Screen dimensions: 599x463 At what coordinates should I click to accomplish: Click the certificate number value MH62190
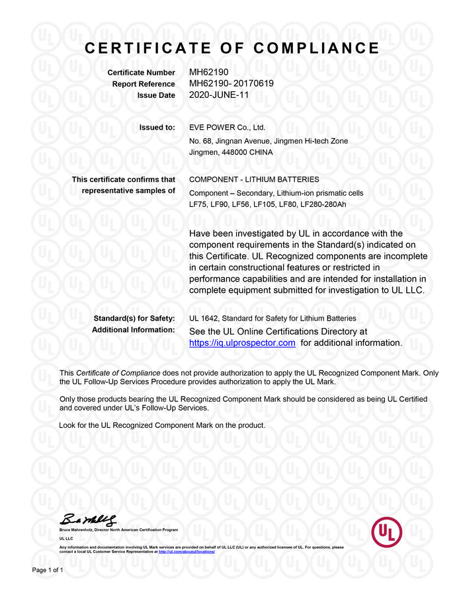click(208, 73)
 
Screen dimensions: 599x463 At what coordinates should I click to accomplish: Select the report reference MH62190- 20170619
click(231, 84)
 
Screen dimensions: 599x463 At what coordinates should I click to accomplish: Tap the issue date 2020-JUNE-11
click(220, 95)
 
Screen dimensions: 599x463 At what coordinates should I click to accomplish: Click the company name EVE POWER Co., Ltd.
click(227, 128)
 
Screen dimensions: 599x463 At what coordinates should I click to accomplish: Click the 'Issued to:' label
click(157, 128)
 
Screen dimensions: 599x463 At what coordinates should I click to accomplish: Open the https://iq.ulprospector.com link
click(242, 342)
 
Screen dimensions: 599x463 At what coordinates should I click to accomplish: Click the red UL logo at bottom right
click(386, 532)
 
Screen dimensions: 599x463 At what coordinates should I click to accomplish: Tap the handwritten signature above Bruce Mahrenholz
click(89, 520)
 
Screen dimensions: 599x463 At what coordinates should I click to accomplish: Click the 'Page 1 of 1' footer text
click(48, 570)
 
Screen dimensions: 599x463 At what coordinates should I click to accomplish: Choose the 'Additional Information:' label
click(133, 330)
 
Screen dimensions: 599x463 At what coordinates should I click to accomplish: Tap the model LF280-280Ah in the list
click(323, 204)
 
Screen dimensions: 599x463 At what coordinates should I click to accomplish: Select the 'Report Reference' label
click(144, 84)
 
